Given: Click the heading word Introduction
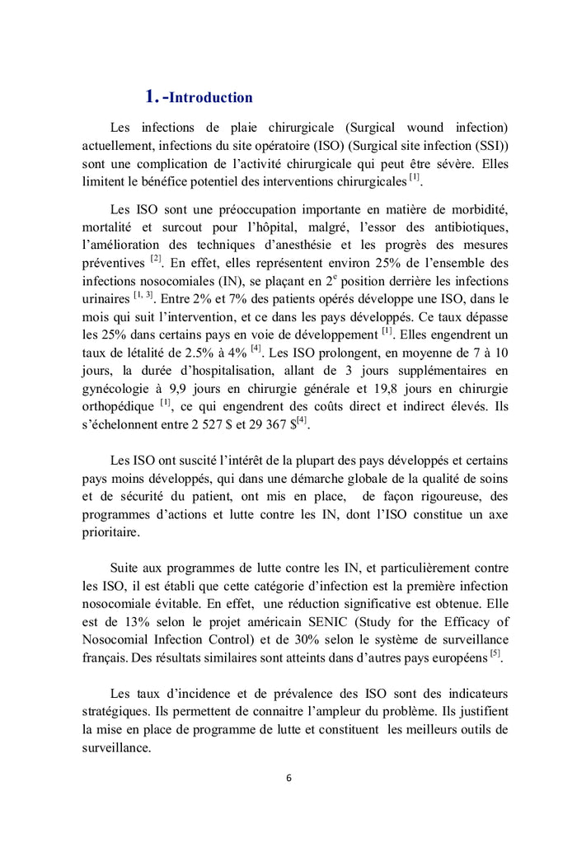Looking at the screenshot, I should (x=211, y=98).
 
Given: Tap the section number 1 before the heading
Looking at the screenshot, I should (x=151, y=97).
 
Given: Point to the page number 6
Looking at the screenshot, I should (x=288, y=778).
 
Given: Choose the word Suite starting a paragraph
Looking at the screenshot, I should (x=126, y=567).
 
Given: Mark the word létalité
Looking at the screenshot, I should (x=154, y=353).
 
